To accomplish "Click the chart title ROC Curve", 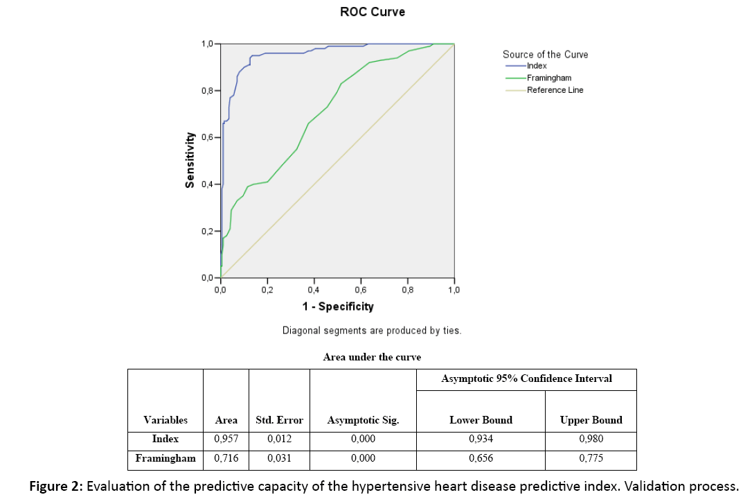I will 373,12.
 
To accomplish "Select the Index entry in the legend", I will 537,66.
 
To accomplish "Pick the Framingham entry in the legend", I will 548,78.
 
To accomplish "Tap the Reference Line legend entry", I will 555,90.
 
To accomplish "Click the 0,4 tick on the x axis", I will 313,290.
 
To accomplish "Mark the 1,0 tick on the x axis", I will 454,290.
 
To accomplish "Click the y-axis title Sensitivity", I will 189,161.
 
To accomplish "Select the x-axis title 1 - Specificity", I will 337,306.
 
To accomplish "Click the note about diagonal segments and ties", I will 372,331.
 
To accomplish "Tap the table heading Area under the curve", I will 372,357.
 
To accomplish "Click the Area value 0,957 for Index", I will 226,439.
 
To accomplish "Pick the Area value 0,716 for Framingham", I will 226,458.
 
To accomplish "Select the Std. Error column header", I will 279,420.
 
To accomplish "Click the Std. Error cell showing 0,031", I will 279,458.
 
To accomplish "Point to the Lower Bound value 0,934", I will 481,439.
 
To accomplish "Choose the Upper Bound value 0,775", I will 591,458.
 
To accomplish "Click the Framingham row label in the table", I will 165,458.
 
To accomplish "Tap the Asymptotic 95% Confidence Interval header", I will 526,378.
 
